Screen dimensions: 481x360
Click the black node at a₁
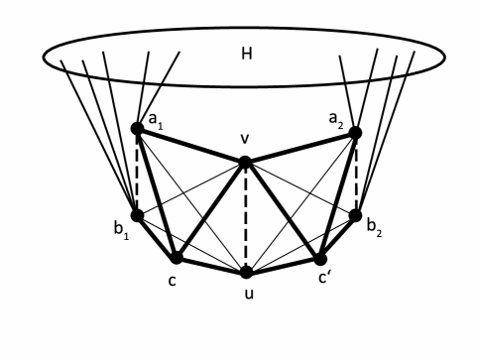point(138,128)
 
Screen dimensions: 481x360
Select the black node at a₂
point(355,132)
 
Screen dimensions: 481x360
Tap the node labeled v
point(245,161)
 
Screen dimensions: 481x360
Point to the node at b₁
point(137,214)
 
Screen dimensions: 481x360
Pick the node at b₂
point(355,214)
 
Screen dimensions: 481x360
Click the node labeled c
point(176,257)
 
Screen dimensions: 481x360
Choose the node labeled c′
point(319,259)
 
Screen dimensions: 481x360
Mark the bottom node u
point(246,271)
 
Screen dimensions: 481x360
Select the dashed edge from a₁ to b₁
point(137,172)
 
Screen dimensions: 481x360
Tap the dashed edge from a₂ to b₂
point(355,174)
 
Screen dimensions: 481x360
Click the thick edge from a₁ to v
point(191,144)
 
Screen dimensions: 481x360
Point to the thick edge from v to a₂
point(301,146)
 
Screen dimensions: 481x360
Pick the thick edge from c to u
point(210,264)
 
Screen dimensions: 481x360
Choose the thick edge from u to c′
point(283,265)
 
